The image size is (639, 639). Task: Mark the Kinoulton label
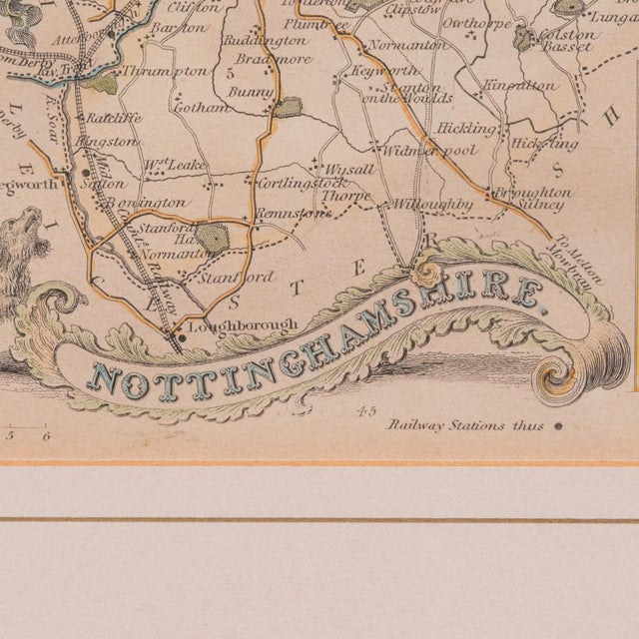pyautogui.click(x=519, y=86)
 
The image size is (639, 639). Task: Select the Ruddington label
pyautogui.click(x=265, y=41)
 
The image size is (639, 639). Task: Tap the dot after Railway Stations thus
pyautogui.click(x=558, y=425)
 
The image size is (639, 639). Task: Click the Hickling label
pyautogui.click(x=465, y=129)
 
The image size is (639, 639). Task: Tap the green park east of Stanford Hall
pyautogui.click(x=213, y=237)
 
